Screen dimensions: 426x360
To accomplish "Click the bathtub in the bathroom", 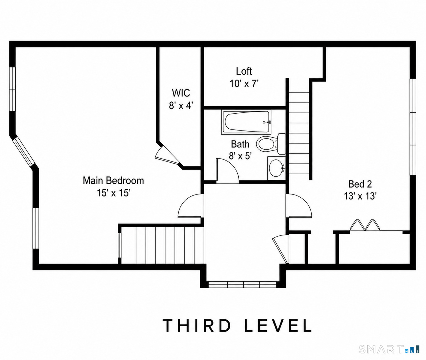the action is (246, 122).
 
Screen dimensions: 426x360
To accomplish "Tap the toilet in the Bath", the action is (271, 144).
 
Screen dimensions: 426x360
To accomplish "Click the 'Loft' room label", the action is (244, 71).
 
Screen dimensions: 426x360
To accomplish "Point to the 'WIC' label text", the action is (181, 93).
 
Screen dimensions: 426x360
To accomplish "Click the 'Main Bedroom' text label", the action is (113, 180).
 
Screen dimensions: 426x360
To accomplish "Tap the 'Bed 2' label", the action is (360, 184).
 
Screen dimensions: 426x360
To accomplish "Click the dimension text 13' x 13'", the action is (360, 196).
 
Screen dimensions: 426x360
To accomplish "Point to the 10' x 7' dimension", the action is (244, 84).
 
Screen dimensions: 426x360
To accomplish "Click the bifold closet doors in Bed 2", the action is (365, 224).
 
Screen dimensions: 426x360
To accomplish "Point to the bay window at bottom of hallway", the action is (242, 284).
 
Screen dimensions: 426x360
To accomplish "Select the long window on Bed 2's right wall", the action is (413, 127).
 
